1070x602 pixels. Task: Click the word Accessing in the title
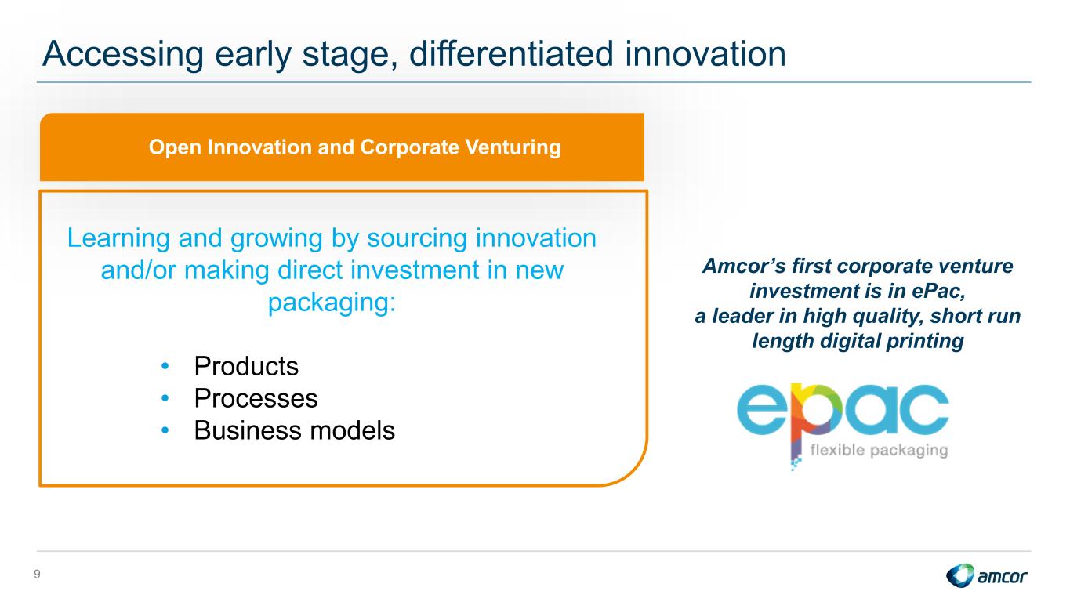pyautogui.click(x=123, y=55)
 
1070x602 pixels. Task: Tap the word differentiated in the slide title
pyautogui.click(x=511, y=53)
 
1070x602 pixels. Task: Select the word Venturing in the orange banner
pyautogui.click(x=513, y=147)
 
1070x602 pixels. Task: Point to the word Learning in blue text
pyautogui.click(x=118, y=239)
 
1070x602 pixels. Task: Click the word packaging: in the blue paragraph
pyautogui.click(x=332, y=302)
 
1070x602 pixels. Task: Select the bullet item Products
pyautogui.click(x=246, y=367)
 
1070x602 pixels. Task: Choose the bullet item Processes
pyautogui.click(x=256, y=398)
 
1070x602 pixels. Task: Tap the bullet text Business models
pyautogui.click(x=294, y=430)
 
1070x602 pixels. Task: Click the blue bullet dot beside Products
pyautogui.click(x=165, y=367)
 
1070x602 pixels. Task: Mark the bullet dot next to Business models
pyautogui.click(x=165, y=430)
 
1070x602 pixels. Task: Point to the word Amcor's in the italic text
pyautogui.click(x=744, y=267)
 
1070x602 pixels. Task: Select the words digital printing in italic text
pyautogui.click(x=891, y=342)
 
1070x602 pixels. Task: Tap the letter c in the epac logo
pyautogui.click(x=923, y=409)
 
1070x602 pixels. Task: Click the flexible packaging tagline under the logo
pyautogui.click(x=879, y=451)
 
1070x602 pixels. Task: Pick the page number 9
pyautogui.click(x=38, y=575)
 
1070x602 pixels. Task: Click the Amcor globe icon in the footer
pyautogui.click(x=959, y=575)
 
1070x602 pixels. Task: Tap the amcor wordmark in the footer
pyautogui.click(x=1002, y=577)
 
